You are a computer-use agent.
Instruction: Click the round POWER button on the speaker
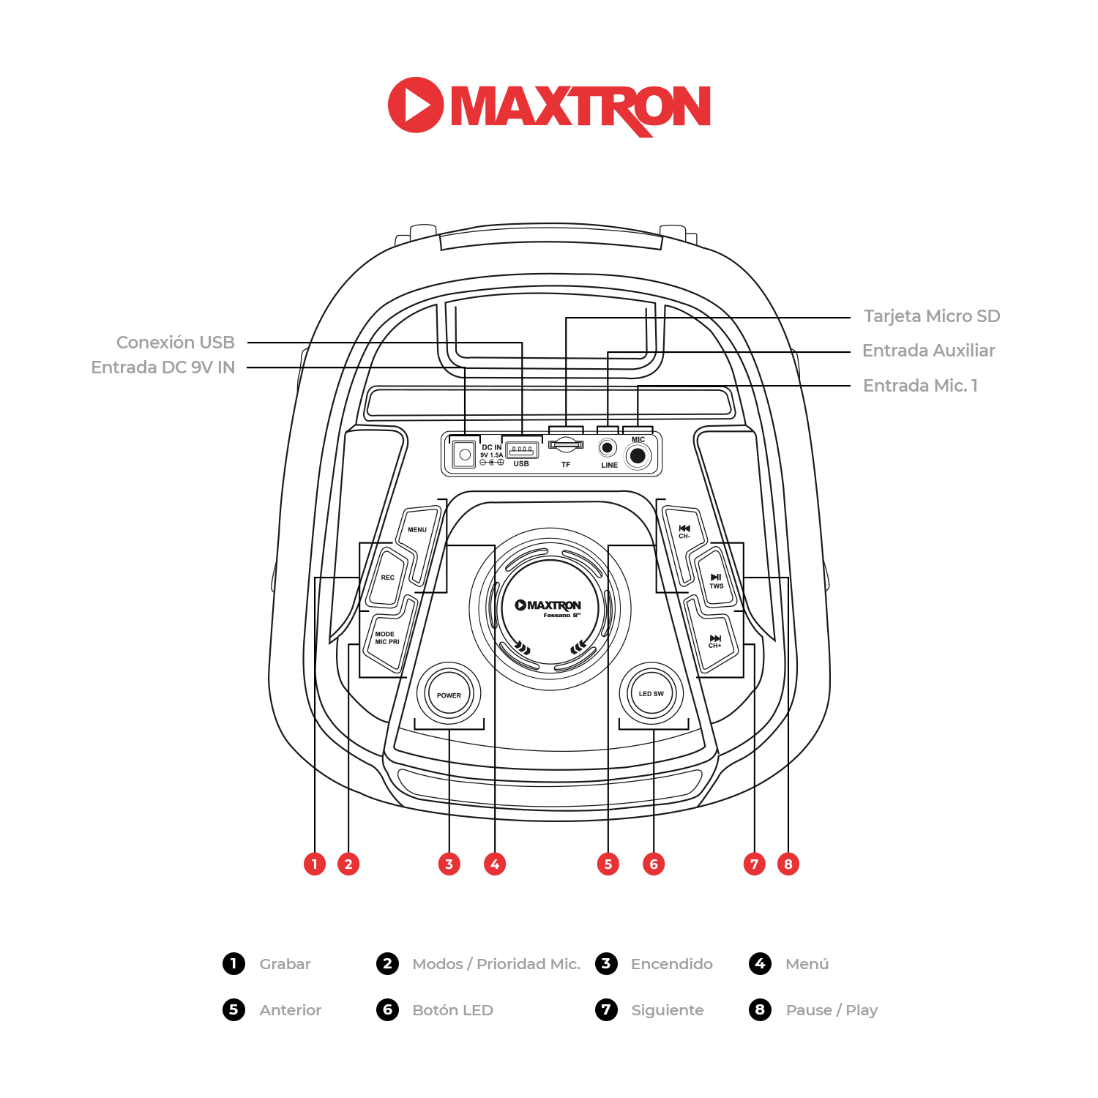pyautogui.click(x=449, y=694)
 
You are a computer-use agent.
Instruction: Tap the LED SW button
pyautogui.click(x=651, y=693)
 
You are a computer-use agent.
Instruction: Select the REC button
pyautogui.click(x=387, y=578)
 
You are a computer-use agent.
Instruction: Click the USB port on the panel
pyautogui.click(x=521, y=449)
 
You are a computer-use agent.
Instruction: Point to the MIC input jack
pyautogui.click(x=638, y=456)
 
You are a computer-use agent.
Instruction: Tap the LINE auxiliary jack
pyautogui.click(x=608, y=447)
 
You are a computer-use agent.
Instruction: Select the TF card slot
pyautogui.click(x=566, y=444)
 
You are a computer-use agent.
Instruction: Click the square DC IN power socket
pyautogui.click(x=464, y=455)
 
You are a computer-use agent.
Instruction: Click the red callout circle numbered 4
pyautogui.click(x=495, y=864)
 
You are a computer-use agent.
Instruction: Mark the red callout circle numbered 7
pyautogui.click(x=754, y=864)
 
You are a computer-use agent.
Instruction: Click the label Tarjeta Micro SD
pyautogui.click(x=931, y=316)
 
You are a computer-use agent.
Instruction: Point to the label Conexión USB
pyautogui.click(x=176, y=343)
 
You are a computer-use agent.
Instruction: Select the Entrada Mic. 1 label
pyautogui.click(x=920, y=386)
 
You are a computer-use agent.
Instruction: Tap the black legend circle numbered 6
pyautogui.click(x=387, y=1010)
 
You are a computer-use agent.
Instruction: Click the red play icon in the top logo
pyautogui.click(x=415, y=105)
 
